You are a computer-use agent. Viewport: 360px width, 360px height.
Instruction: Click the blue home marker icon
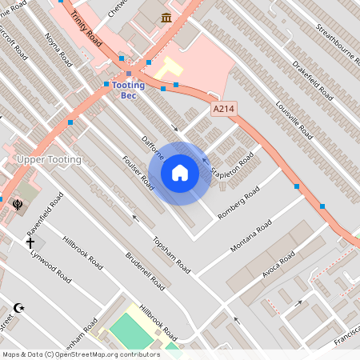[180, 173]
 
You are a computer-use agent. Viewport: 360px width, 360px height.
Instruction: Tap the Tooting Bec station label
[128, 90]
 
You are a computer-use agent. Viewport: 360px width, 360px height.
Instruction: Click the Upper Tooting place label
[49, 160]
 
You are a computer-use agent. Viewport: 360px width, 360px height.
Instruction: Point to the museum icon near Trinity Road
[166, 18]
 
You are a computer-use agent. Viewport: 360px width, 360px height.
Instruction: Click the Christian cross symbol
[30, 242]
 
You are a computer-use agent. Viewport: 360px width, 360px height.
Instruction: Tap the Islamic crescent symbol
[19, 307]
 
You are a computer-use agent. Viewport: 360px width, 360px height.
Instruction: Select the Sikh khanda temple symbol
[17, 205]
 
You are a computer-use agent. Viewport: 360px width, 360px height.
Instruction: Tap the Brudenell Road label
[145, 271]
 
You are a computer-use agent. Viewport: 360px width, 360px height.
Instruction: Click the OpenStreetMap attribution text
[81, 354]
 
